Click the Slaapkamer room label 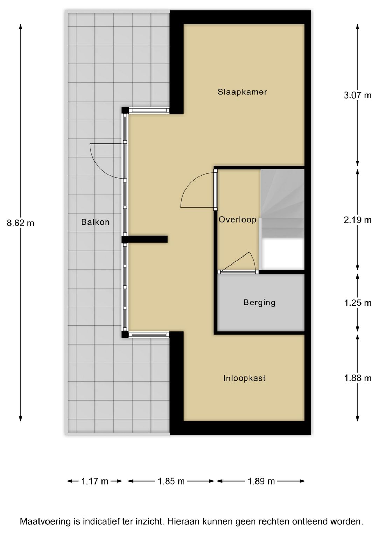point(242,92)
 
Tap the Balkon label point(95,222)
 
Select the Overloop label point(238,220)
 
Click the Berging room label point(259,302)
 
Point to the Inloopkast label point(244,378)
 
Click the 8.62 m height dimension point(20,223)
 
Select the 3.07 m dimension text point(357,95)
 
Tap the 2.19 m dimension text point(357,220)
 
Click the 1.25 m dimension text point(357,303)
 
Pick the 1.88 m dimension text point(357,378)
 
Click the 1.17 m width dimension point(94,482)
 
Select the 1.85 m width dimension point(171,482)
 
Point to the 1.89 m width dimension point(261,482)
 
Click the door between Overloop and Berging point(238,272)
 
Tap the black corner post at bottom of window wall point(125,335)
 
